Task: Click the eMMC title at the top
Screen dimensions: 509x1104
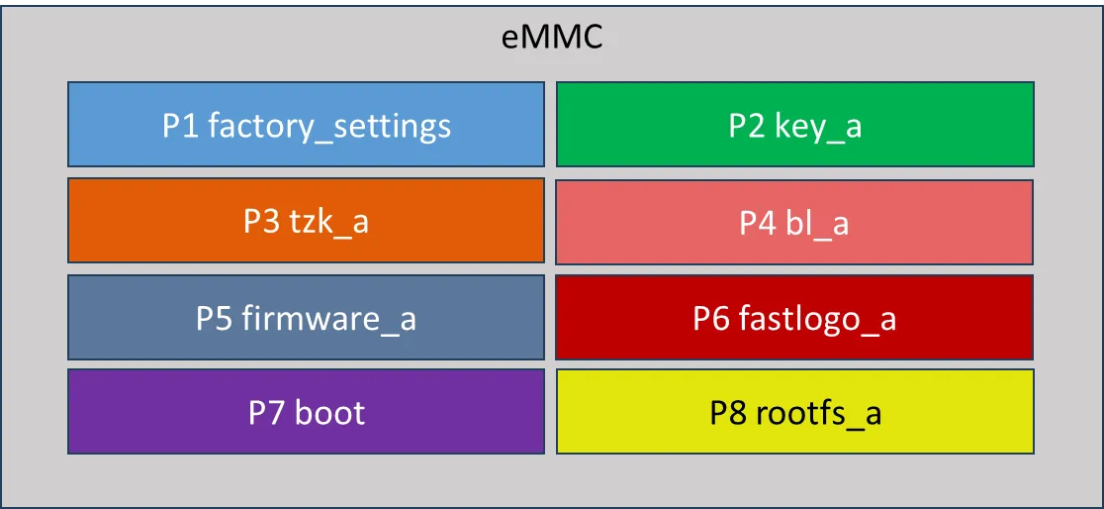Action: click(552, 39)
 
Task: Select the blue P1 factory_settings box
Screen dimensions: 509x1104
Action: click(306, 124)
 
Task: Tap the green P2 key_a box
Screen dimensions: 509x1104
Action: click(794, 124)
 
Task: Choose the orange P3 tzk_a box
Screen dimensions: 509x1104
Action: click(306, 220)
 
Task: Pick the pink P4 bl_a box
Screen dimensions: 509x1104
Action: click(794, 222)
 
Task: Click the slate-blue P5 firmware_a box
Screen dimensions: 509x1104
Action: click(306, 317)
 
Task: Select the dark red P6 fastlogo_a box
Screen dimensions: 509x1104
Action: click(794, 317)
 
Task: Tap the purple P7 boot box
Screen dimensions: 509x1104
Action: click(306, 411)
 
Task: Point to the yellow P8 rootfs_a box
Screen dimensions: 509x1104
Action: click(794, 411)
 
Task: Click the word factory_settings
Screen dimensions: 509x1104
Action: click(329, 127)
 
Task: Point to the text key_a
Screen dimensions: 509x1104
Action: click(818, 127)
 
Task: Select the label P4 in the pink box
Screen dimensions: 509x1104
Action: click(758, 223)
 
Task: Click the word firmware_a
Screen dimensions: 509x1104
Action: click(328, 318)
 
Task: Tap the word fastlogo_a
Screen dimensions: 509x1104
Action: click(817, 319)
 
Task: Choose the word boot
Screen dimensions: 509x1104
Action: click(329, 412)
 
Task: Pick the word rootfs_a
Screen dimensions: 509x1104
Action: click(818, 413)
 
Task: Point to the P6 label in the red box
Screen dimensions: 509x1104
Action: click(712, 319)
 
